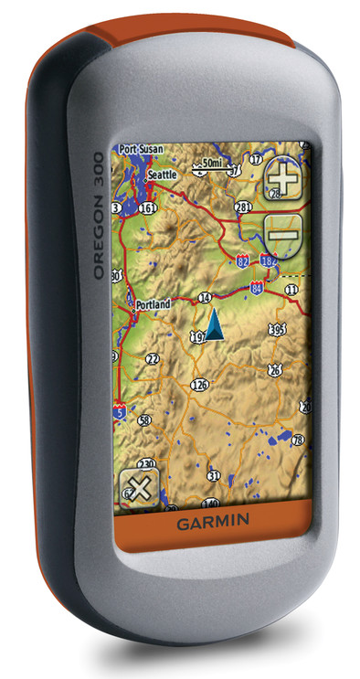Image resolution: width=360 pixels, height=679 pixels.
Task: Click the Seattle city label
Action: [x=162, y=174]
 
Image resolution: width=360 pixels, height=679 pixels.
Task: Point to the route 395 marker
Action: [x=278, y=329]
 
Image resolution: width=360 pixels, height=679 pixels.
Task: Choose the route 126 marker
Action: [x=200, y=385]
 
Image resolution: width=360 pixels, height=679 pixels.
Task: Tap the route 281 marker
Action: [x=243, y=207]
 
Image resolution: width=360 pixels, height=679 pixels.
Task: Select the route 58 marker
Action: [x=144, y=420]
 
